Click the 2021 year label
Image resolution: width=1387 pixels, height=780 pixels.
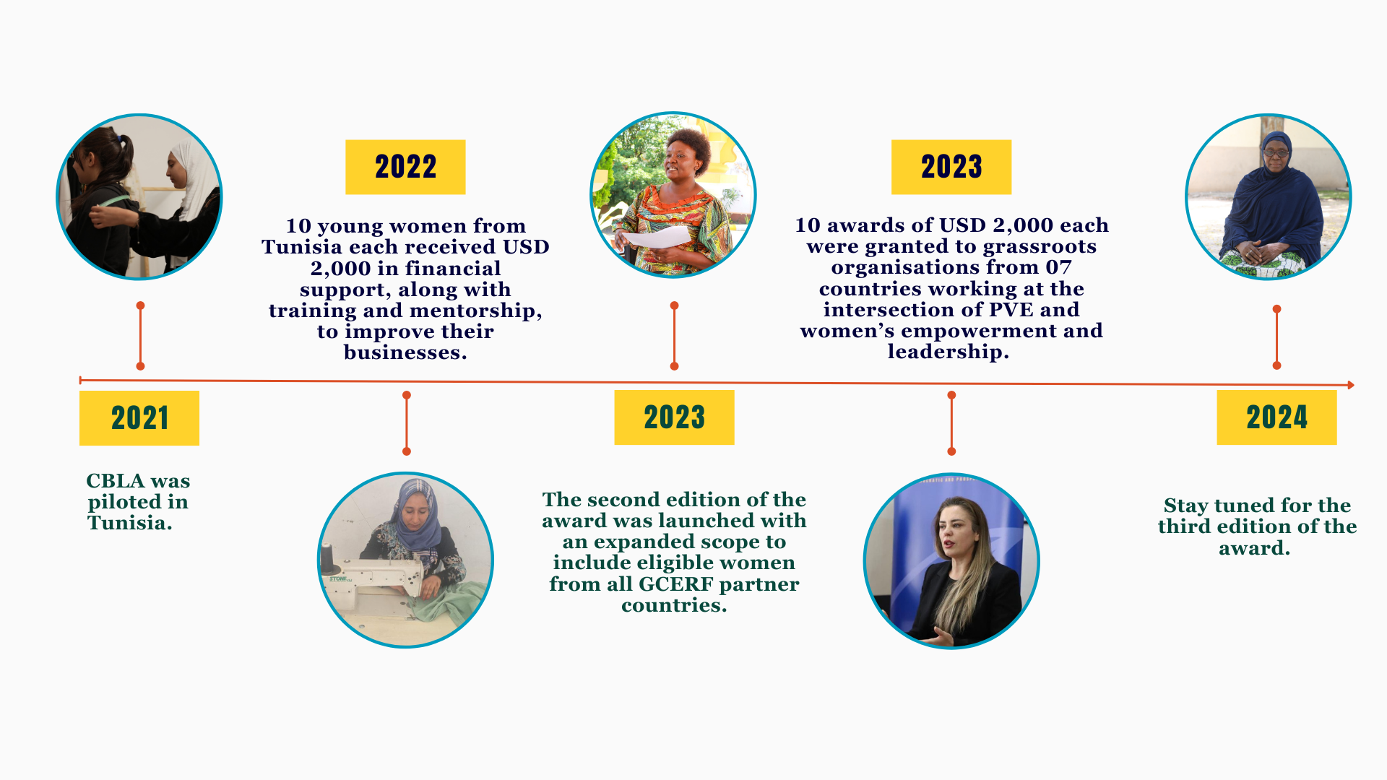(x=139, y=418)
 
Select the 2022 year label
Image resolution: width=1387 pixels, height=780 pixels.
(x=405, y=167)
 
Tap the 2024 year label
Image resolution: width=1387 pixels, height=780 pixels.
(x=1276, y=417)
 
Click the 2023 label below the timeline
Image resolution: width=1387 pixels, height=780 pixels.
(x=674, y=417)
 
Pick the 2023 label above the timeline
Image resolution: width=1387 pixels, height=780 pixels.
(x=951, y=167)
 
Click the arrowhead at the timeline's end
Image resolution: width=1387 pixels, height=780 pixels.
(x=1350, y=385)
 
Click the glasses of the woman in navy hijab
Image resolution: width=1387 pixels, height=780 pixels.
(x=1276, y=152)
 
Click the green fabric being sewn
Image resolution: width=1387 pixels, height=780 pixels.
(x=448, y=603)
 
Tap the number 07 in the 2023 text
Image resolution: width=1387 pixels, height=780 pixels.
(x=1059, y=267)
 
